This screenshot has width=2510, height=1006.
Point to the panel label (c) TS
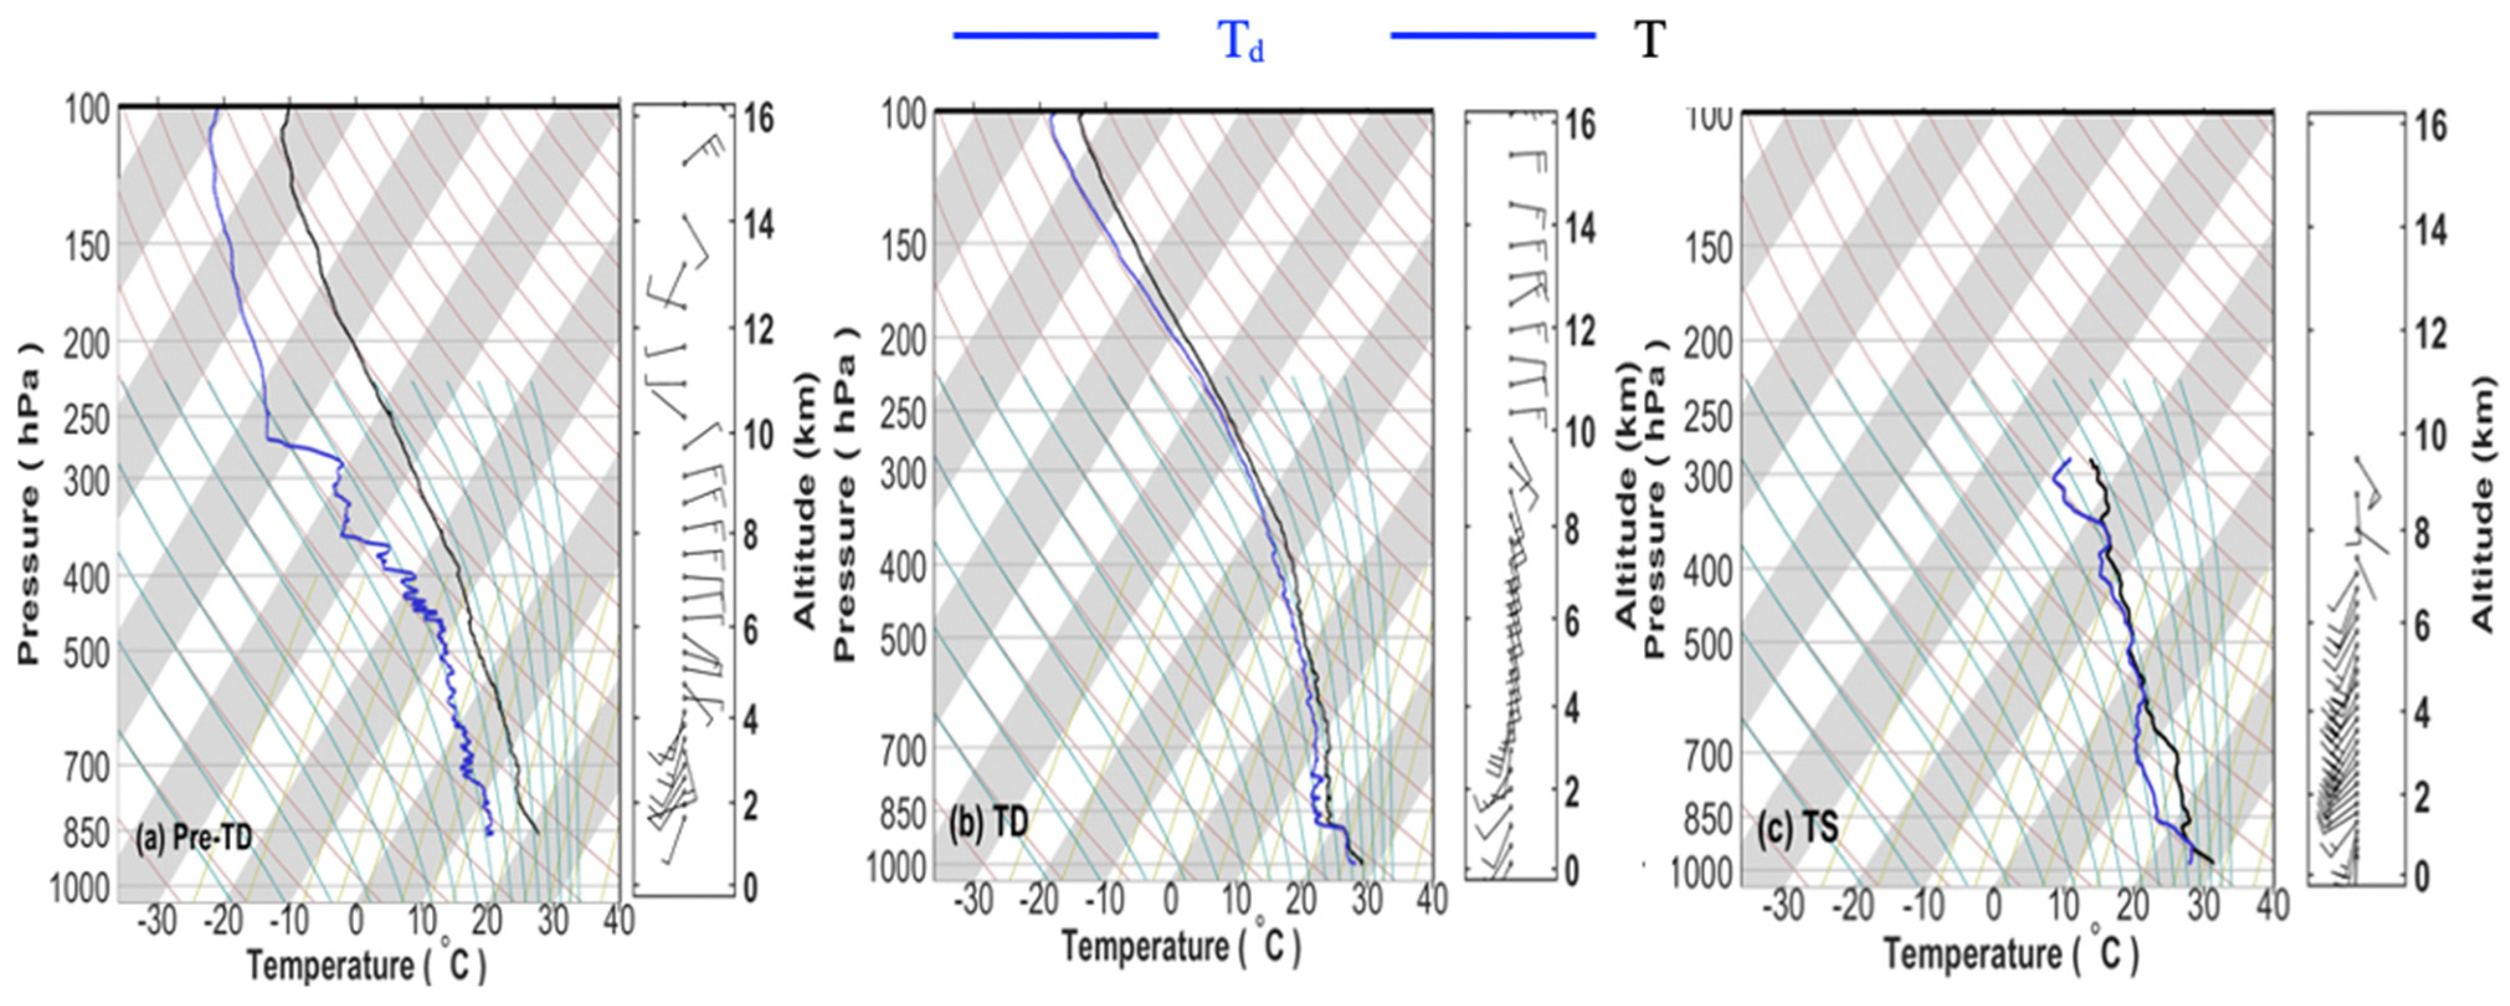(x=1798, y=828)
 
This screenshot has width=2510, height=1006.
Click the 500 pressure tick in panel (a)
(x=87, y=653)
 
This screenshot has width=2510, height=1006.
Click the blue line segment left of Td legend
(x=1055, y=36)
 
